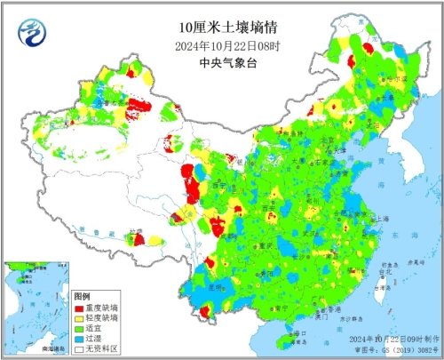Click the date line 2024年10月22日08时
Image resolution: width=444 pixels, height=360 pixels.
pos(220,46)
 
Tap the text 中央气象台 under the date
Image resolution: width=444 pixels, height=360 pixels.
pos(220,62)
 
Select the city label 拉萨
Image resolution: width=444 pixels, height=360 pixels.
pos(133,233)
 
